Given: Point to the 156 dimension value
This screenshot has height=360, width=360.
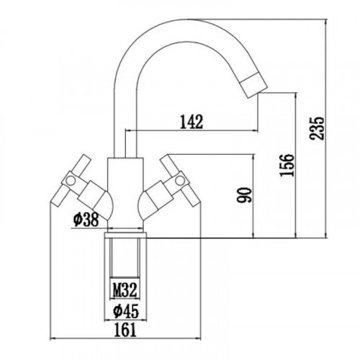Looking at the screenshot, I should click(287, 166).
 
